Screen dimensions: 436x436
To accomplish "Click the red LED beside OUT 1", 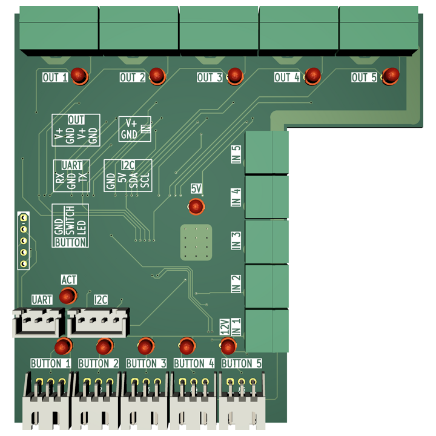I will [x=79, y=76].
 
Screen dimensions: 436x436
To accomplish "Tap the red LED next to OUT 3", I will [x=235, y=76].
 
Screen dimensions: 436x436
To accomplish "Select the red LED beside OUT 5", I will [x=391, y=76].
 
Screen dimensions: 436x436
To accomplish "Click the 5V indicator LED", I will [x=196, y=207].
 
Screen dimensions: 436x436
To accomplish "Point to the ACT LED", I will [x=68, y=296].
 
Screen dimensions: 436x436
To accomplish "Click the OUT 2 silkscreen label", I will [x=133, y=78].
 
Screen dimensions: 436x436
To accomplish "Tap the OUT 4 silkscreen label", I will [x=287, y=78].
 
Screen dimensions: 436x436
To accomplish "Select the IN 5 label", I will [x=236, y=154].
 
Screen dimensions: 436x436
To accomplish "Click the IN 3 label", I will [x=236, y=241].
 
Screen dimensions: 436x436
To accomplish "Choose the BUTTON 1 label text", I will [x=51, y=363].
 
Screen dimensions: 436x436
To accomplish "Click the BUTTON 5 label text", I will [x=242, y=363].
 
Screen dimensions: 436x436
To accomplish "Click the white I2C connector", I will [x=99, y=322].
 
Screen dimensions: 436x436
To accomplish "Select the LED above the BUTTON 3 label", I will [x=145, y=346].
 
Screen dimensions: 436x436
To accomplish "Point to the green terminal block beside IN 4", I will [x=267, y=197].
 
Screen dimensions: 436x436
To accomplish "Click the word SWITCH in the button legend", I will [x=70, y=221].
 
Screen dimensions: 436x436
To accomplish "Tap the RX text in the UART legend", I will [x=59, y=179].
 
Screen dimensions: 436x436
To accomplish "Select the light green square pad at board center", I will [x=196, y=242].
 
